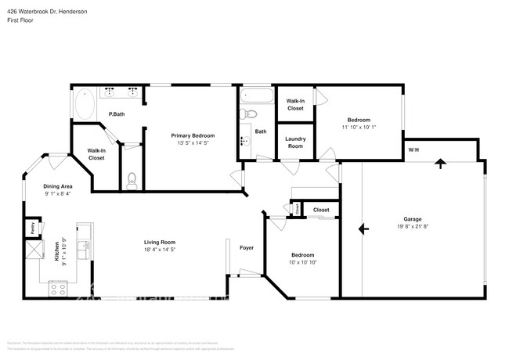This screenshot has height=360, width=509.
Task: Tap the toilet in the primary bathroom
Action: click(x=132, y=180)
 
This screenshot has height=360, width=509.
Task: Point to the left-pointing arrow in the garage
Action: click(x=363, y=229)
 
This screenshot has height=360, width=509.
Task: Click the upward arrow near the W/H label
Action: click(x=439, y=164)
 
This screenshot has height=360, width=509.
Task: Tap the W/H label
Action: click(x=413, y=149)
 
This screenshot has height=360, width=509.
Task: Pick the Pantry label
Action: click(x=32, y=229)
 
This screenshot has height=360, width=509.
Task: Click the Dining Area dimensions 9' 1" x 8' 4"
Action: click(x=57, y=193)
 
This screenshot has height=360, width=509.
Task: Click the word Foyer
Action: click(x=247, y=248)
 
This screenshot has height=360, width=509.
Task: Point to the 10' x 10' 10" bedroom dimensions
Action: click(x=303, y=262)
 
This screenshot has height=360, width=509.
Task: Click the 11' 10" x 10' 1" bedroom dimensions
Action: click(x=359, y=127)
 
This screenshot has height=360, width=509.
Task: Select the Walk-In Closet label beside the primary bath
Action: click(x=96, y=155)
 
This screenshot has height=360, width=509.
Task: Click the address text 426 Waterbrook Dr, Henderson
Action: click(x=42, y=12)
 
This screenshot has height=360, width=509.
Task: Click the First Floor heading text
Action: click(x=21, y=21)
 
